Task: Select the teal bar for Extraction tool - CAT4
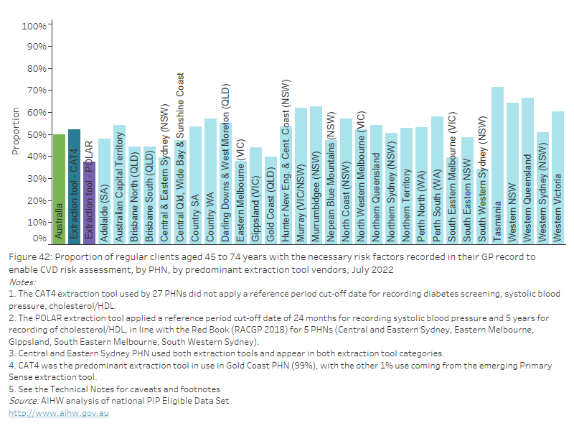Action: tap(74, 186)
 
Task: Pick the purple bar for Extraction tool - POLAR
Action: tap(89, 202)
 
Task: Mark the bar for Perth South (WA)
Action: tap(437, 179)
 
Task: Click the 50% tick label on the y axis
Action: tap(37, 135)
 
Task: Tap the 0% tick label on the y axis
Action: tap(39, 238)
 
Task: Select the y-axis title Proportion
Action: tap(16, 131)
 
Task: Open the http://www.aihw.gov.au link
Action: tap(59, 414)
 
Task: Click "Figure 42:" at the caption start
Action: tap(31, 256)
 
